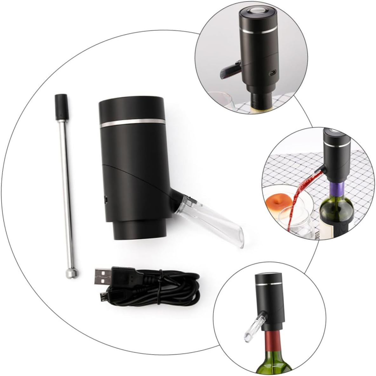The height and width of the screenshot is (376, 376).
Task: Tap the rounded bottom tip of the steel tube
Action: pyautogui.click(x=69, y=273)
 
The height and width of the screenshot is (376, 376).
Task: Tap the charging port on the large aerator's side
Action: pyautogui.click(x=105, y=200)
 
